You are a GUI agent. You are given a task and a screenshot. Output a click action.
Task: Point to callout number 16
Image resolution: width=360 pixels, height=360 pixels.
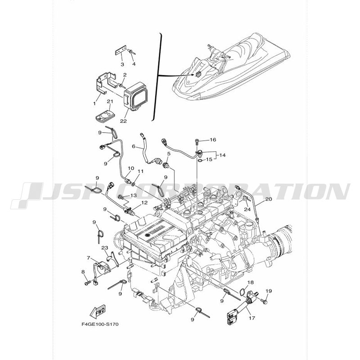click(213, 139)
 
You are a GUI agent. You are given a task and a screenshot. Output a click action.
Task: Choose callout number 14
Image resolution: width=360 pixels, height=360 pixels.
click(222, 155)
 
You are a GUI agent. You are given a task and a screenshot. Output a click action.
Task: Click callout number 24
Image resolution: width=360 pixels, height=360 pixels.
click(247, 209)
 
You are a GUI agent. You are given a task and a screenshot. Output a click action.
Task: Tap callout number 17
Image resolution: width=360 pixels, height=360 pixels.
click(251, 318)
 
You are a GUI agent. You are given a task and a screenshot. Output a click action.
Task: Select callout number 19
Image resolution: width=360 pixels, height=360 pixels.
click(269, 292)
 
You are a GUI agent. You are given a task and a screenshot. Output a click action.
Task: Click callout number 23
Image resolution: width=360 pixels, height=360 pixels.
click(104, 248)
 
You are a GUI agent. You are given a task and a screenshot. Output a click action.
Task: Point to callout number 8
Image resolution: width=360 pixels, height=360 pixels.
click(84, 272)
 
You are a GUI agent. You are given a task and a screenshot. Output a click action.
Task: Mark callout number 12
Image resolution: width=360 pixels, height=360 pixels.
click(144, 203)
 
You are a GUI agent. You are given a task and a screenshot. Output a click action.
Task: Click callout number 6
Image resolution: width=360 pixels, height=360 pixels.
click(134, 146)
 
